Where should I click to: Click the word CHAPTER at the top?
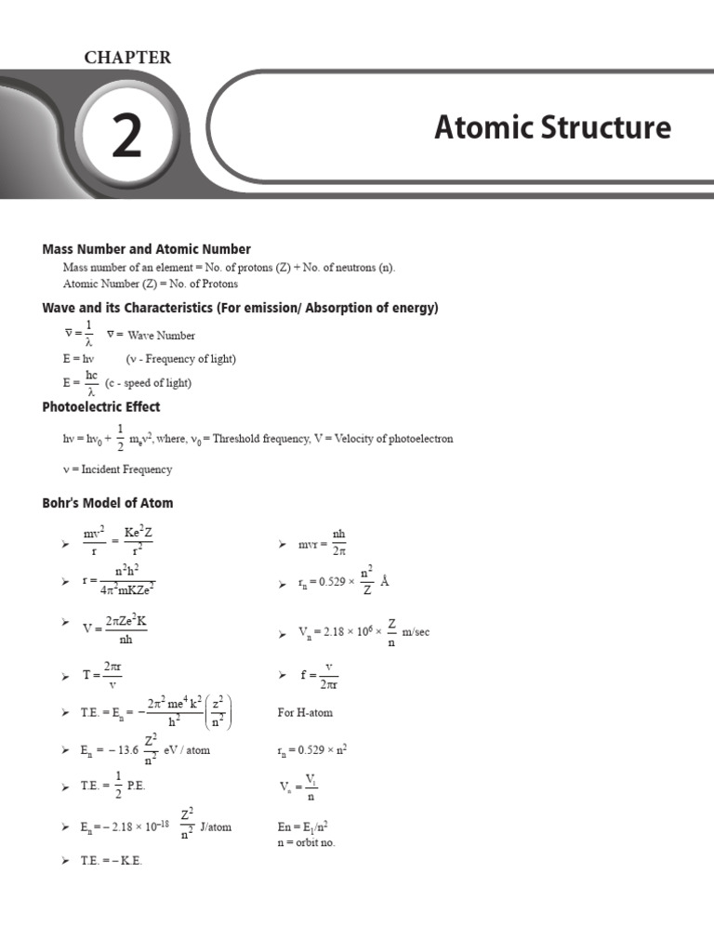[128, 58]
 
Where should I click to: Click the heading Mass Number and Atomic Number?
[147, 249]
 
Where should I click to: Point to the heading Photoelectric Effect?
[101, 407]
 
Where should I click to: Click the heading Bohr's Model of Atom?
[108, 503]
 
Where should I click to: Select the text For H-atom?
[305, 713]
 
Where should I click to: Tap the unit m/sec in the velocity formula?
[416, 633]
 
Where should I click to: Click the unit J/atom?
[216, 826]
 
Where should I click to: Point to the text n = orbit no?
[306, 842]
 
